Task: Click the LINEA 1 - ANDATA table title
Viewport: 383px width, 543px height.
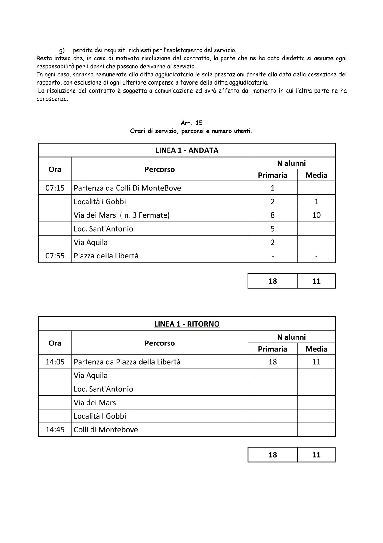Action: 187,150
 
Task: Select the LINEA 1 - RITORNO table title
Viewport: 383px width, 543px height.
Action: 187,324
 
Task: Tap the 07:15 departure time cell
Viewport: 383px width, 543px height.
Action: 55,188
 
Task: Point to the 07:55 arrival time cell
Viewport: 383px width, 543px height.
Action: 55,256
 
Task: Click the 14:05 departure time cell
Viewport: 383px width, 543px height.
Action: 55,362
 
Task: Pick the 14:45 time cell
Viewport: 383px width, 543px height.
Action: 55,430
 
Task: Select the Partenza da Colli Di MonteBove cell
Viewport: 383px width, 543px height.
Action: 127,188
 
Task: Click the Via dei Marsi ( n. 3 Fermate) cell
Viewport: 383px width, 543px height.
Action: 122,215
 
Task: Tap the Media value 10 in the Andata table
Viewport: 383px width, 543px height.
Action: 316,215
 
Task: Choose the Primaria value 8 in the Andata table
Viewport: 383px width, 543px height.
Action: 272,215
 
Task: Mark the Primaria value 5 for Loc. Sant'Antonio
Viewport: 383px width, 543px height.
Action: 272,229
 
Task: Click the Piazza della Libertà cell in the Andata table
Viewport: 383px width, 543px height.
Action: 106,256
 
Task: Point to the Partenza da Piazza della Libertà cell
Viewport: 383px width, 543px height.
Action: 127,362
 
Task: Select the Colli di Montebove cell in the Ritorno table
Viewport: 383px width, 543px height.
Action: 106,430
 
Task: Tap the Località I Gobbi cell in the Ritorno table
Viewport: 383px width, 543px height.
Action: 100,416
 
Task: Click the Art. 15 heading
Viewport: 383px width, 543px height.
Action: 192,123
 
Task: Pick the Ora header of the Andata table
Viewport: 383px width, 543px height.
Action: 55,169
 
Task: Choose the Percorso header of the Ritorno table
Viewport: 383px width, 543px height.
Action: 160,343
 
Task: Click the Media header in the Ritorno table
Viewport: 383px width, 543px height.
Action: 316,349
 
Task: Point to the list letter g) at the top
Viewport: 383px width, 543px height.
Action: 62,50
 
